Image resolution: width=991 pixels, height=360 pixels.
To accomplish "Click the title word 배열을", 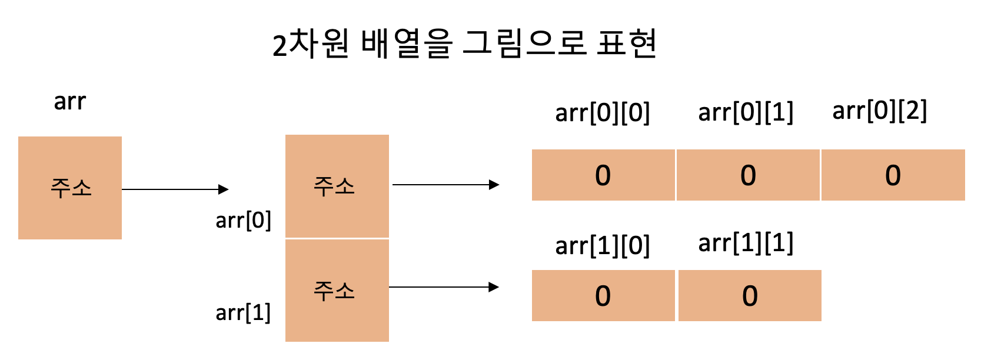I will (407, 44).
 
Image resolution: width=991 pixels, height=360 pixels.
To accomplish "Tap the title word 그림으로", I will (524, 44).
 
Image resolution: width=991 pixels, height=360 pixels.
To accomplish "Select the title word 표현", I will (627, 44).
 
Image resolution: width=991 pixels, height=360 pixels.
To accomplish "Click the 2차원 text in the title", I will (311, 44).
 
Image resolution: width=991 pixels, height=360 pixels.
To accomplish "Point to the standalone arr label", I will (69, 102).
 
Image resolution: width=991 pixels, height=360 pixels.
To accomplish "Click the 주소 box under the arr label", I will (70, 188).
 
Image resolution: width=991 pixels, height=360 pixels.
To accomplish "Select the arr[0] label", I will (243, 221).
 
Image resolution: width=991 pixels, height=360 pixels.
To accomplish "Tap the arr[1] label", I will (243, 312).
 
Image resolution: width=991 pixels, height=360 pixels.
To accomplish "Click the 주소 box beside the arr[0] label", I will (337, 186).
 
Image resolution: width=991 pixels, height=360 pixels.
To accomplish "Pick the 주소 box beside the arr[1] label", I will (337, 290).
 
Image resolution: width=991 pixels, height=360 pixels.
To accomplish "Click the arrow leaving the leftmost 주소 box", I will (175, 189).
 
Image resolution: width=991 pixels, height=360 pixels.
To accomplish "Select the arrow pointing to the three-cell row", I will (445, 185).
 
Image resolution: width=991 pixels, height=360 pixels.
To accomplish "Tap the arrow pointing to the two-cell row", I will (444, 287).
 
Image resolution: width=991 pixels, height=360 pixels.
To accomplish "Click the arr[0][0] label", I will (602, 112).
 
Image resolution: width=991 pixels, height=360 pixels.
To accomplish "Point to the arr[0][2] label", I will (879, 111).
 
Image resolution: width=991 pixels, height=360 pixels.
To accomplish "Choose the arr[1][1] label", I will (746, 243).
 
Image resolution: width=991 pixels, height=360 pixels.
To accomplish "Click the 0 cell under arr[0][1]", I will (748, 175).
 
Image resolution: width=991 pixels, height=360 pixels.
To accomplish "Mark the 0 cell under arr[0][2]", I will (893, 175).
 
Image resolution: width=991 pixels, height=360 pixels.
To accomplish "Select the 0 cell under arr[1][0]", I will (603, 296).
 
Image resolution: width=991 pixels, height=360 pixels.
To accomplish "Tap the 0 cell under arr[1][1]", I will (750, 296).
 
